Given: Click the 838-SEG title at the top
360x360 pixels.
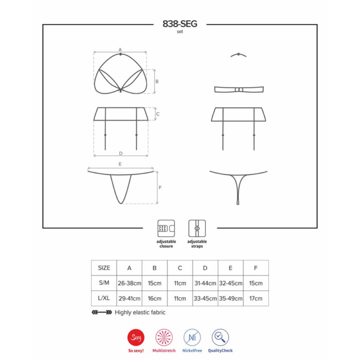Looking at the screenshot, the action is click(x=180, y=24).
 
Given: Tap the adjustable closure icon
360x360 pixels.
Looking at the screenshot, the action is click(x=166, y=229).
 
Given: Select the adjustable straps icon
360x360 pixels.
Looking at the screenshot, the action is click(x=197, y=229).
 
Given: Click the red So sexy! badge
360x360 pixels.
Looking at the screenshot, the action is click(x=136, y=337).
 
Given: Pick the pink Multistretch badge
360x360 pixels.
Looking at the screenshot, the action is click(x=164, y=337).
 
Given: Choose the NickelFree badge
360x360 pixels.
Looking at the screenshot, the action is click(x=192, y=337).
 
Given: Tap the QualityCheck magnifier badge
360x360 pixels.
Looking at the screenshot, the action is click(x=220, y=337).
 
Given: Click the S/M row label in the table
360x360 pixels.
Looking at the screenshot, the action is click(x=104, y=283).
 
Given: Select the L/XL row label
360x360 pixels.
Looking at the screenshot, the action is click(x=104, y=298).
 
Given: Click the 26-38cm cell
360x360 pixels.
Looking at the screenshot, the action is click(x=130, y=283).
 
